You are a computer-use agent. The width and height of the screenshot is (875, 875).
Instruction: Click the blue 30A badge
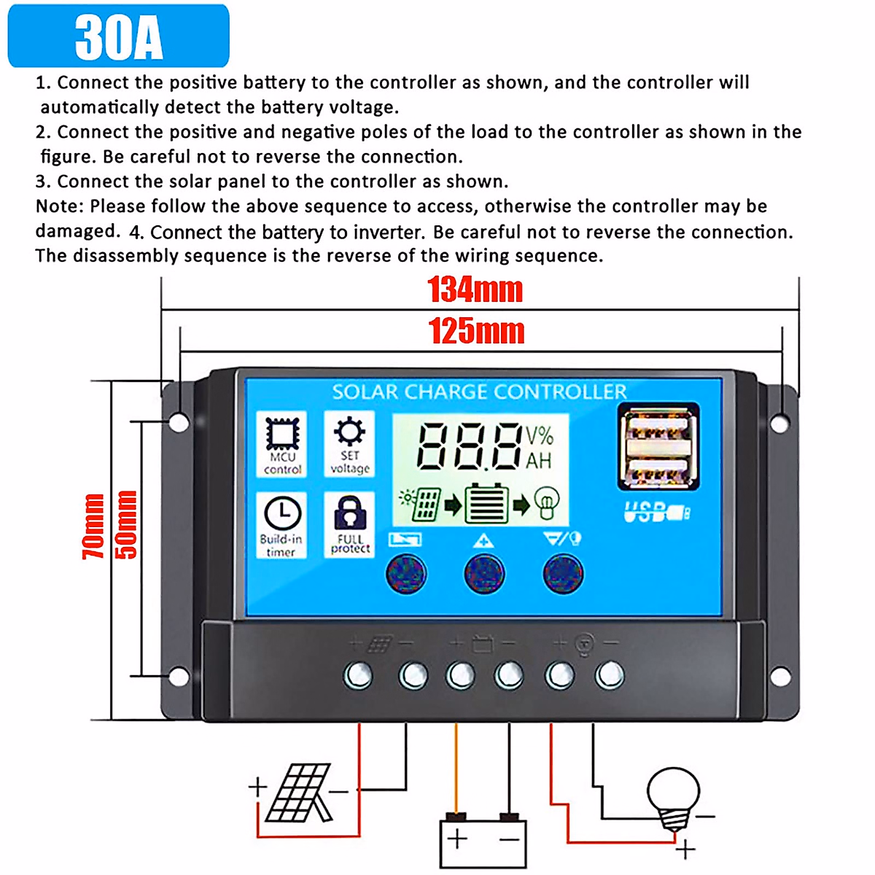pos(119,36)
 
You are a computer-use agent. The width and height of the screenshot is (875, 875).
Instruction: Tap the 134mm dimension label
pos(475,289)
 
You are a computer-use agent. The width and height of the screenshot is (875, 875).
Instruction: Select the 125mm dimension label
pos(476,331)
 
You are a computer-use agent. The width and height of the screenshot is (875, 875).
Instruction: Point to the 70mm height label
pos(93,526)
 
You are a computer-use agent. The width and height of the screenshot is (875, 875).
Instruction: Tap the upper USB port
pos(658,425)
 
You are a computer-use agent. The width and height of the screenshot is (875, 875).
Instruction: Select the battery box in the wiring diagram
pos(483,842)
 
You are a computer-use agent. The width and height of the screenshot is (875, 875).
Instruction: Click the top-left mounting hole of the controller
pos(179,421)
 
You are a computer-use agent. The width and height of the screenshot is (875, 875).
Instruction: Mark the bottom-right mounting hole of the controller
pos(780,677)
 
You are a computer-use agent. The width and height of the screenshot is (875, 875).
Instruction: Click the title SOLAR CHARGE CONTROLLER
pos(479,392)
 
